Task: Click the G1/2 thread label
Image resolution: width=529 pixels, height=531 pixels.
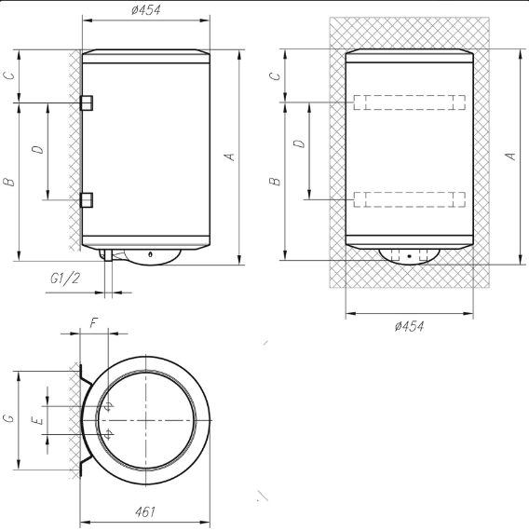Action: pos(65,279)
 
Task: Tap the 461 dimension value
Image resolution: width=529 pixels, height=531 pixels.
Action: pos(145,511)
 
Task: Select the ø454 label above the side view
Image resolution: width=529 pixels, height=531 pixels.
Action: pos(146,10)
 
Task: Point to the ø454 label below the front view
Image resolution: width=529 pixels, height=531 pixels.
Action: pos(409,326)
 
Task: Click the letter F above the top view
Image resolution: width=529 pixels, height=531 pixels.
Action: pos(94,323)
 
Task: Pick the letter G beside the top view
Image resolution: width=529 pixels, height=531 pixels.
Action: pos(9,418)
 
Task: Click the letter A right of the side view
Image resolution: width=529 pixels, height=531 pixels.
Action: pos(230,157)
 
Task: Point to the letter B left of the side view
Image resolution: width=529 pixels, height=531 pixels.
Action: pos(9,182)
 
